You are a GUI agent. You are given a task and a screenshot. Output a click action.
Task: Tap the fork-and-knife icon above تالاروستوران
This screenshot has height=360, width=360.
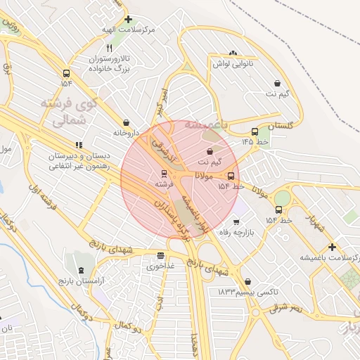[109, 47]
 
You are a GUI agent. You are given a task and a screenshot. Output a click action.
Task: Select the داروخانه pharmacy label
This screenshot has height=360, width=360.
[125, 132]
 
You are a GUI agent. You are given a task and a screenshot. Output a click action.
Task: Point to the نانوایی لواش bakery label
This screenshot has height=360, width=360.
[232, 63]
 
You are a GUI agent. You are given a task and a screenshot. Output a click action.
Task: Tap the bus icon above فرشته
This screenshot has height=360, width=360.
[164, 172]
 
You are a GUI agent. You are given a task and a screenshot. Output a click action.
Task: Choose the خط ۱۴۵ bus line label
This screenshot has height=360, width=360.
[256, 141]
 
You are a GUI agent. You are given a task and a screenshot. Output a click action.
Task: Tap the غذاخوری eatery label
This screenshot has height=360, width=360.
[161, 266]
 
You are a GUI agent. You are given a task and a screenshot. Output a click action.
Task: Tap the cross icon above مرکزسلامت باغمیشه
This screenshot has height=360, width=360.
[332, 246]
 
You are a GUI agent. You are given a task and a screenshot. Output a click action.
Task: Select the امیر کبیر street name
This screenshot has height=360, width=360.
[161, 103]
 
